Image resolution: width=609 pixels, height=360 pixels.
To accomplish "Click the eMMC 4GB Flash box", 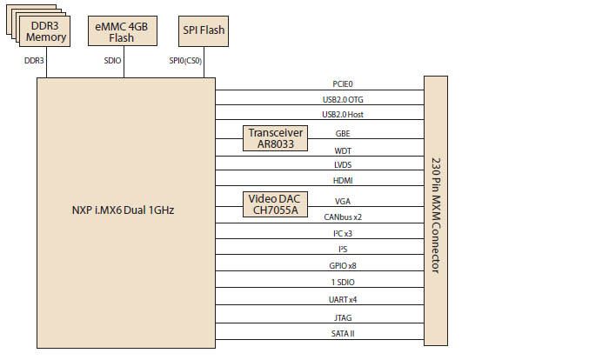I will point(122,31).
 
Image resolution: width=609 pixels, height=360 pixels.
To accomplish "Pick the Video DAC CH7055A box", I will point(276,204).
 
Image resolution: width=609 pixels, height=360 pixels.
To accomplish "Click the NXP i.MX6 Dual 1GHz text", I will point(124,211).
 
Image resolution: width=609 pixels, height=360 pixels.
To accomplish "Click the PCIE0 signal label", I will point(343,83).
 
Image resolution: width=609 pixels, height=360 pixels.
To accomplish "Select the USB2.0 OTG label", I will point(343,99).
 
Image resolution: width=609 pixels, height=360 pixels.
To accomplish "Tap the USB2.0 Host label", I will point(343,116).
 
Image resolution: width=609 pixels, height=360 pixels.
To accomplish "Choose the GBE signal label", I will point(343,134).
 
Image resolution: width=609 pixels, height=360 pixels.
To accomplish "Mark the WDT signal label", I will point(343,150).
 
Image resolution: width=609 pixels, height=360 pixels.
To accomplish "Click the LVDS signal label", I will point(343,164).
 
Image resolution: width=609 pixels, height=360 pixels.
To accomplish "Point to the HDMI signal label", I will point(343,181).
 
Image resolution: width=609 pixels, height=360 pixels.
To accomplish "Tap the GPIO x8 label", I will point(343,264).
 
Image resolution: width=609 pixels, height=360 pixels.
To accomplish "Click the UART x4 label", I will point(343,300).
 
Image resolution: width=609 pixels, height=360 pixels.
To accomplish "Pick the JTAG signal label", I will point(343,317).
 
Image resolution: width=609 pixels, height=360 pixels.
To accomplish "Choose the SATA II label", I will point(343,333).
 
